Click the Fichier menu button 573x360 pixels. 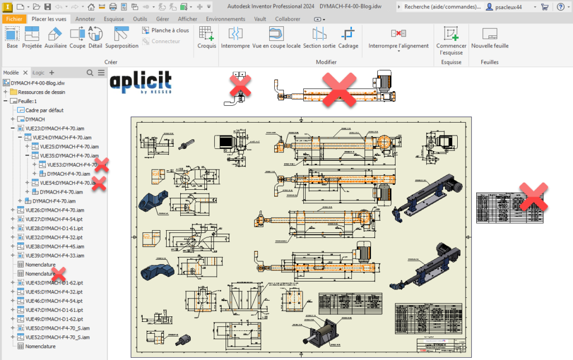[14, 18]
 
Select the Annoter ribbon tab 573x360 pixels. [85, 18]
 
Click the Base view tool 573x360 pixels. [12, 38]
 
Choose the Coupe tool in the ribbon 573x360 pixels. [77, 38]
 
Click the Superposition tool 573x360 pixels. [121, 38]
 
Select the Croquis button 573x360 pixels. [206, 38]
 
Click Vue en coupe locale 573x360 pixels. [276, 38]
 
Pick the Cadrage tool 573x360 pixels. [349, 38]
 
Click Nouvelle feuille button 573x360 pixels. [490, 38]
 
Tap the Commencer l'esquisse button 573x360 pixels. [451, 39]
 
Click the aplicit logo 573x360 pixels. [140, 82]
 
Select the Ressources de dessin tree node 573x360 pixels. [41, 92]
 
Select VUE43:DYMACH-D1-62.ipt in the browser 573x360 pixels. [54, 283]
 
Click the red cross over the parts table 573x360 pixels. [533, 197]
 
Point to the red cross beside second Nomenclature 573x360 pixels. [58, 274]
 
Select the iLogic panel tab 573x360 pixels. [39, 73]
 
